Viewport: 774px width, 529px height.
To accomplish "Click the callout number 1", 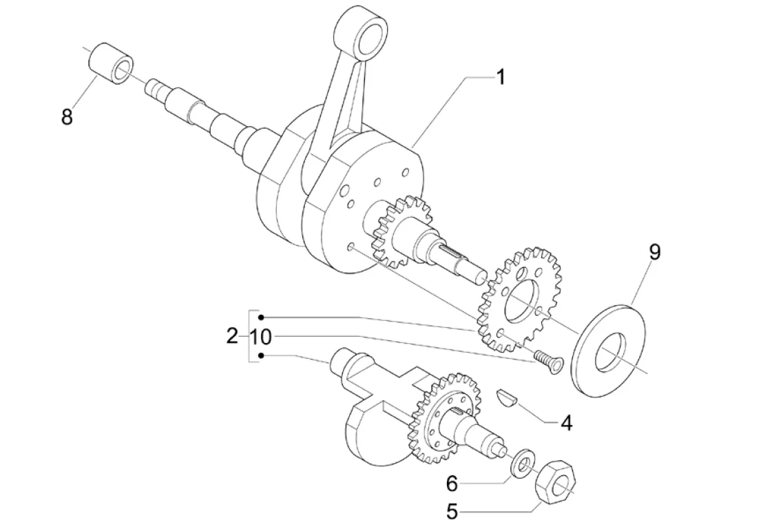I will pos(501,76).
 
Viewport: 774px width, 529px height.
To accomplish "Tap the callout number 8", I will pos(66,116).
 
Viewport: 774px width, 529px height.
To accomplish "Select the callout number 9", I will pos(653,252).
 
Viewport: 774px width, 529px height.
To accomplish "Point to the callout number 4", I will pos(565,423).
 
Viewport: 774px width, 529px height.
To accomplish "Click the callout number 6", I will pos(452,484).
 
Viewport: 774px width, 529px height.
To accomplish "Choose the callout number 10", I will pos(261,337).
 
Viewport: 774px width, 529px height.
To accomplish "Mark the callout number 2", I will pos(232,337).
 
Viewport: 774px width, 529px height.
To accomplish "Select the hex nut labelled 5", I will pos(556,484).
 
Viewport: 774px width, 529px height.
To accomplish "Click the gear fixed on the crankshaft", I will pos(397,231).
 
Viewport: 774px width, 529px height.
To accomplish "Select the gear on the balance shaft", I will pos(438,417).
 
